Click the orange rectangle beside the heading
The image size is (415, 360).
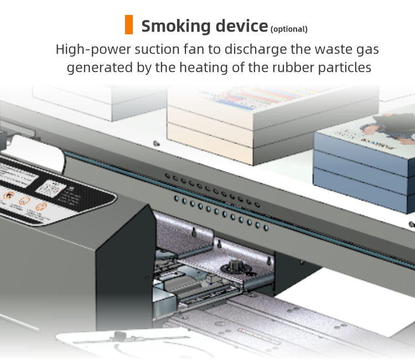point(129,25)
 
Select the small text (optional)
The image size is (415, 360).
point(289,29)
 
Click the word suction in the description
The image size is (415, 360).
point(162,49)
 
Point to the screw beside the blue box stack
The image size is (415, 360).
point(411,224)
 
